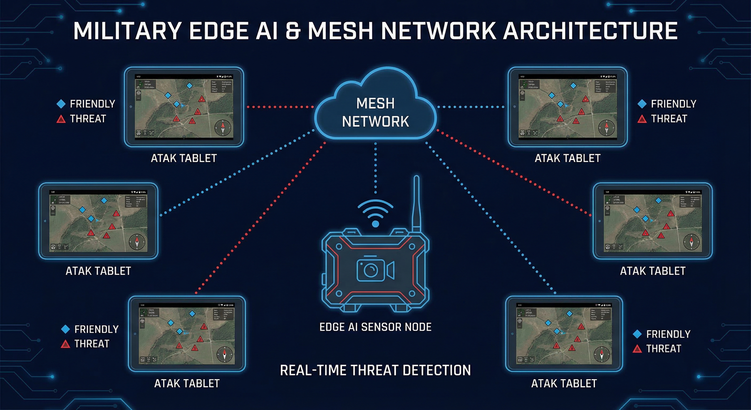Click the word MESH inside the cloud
[375, 104]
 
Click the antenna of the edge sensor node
[416, 204]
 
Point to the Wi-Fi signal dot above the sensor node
[375, 224]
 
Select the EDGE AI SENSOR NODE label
[375, 327]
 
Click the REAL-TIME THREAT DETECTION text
[375, 370]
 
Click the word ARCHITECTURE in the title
[590, 31]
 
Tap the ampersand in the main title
[293, 31]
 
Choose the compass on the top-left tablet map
[223, 128]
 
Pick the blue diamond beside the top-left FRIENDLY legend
[61, 104]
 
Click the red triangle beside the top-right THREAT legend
[642, 119]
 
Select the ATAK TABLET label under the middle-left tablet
[98, 271]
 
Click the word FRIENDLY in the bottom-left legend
[96, 329]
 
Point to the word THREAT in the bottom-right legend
[664, 349]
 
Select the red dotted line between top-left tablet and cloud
[280, 107]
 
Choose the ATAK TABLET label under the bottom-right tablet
[564, 384]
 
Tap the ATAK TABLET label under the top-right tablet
[567, 159]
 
